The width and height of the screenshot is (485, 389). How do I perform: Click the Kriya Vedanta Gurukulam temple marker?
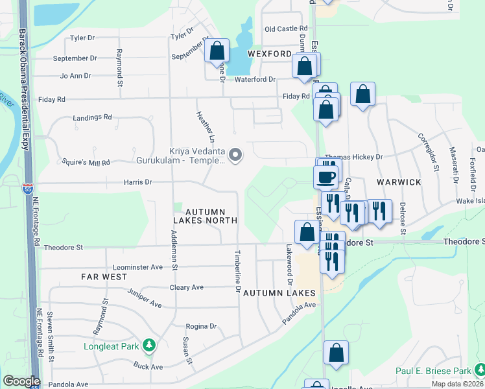[236, 155]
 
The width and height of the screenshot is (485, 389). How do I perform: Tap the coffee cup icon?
[325, 176]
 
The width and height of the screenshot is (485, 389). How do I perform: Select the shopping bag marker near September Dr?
[217, 51]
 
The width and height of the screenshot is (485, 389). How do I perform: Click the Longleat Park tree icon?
[150, 346]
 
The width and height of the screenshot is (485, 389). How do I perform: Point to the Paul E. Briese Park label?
[432, 371]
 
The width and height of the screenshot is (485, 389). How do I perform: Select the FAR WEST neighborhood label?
[100, 276]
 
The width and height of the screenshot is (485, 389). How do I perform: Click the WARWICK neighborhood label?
[398, 182]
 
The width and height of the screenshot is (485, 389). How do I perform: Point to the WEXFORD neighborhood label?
[268, 54]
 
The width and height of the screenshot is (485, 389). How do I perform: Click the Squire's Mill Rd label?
[84, 162]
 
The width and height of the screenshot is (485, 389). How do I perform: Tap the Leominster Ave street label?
[137, 266]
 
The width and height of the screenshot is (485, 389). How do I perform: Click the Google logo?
[21, 381]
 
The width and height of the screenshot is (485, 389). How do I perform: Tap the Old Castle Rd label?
[285, 29]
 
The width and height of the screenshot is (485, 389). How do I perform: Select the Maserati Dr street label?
[455, 165]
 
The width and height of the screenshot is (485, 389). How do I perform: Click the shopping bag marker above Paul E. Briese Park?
[336, 354]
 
